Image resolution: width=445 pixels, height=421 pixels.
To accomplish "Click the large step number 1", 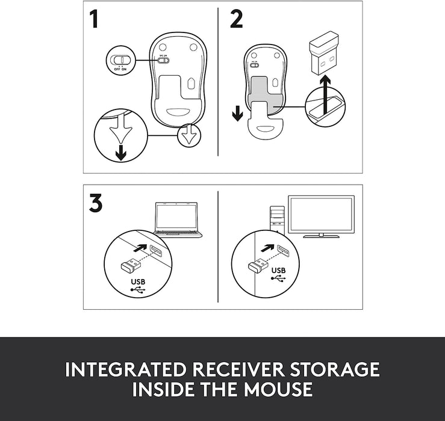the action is coord(94,19).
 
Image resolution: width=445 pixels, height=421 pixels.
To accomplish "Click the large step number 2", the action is coord(236,19).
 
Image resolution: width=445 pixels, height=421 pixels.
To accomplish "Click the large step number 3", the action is coord(96,203).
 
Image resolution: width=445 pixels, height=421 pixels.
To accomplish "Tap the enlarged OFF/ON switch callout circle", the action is coord(120,60).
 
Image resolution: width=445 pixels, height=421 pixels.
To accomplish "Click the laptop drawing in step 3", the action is coord(178,220).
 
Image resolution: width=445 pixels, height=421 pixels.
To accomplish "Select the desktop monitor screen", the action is coord(322,215).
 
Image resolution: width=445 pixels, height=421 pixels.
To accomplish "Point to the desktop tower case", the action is coord(277,220).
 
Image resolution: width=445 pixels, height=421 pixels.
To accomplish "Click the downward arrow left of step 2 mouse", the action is coord(237,113).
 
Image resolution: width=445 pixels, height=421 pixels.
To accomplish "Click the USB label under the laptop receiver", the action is coord(138,282).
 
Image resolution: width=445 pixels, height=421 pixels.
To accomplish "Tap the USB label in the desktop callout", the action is coord(278,271).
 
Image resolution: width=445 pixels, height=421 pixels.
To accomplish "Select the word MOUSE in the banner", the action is coord(278,389).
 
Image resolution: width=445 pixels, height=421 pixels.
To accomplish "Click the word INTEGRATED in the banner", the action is coord(125,369).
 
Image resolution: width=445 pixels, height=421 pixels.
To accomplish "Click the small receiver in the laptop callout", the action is coord(131,265).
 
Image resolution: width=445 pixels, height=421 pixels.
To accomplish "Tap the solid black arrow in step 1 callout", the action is coord(121,153).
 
